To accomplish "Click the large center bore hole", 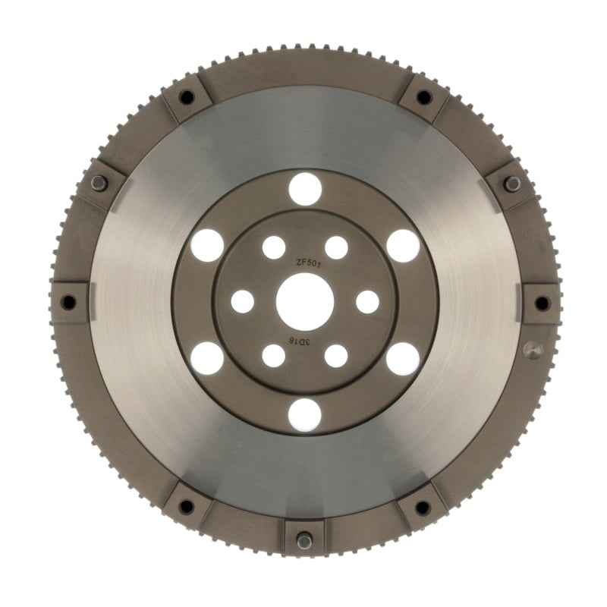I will [x=305, y=301].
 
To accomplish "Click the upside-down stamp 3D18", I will [x=301, y=343].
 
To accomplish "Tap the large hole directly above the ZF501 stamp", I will [x=305, y=188].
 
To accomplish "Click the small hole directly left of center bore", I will [x=242, y=301].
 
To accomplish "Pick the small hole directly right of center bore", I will [x=367, y=301].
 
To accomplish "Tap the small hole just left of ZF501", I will [x=273, y=247].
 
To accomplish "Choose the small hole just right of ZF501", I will [x=336, y=247].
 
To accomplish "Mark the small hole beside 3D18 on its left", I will [x=273, y=356].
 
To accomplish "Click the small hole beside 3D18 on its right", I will [x=336, y=356].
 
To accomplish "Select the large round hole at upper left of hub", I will [x=207, y=245].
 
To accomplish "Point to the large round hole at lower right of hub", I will [x=402, y=358].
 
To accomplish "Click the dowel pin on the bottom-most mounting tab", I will [x=305, y=541].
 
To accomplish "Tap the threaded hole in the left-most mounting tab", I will [x=68, y=302].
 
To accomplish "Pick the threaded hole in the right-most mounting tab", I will [x=542, y=303].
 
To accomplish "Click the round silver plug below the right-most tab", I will [x=533, y=351].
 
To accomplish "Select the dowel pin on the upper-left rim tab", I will [x=99, y=183].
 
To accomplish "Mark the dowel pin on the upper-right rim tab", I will [x=512, y=183].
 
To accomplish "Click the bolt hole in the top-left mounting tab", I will [x=186, y=97].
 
